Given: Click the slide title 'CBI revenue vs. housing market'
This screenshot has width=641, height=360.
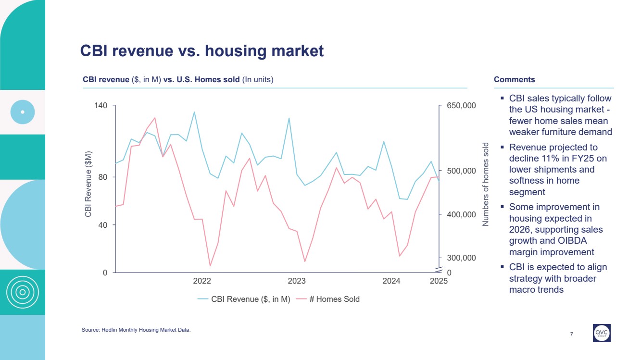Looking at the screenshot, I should tap(202, 51).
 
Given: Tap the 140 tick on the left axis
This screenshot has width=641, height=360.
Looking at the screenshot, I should tap(101, 106).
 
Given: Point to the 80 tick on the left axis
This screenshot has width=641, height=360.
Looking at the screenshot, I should tap(103, 177).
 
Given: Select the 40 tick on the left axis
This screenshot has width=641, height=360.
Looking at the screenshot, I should tap(103, 225).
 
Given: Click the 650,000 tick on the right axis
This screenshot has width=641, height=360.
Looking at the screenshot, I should tap(461, 106).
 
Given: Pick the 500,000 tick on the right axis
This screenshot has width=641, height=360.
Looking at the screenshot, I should tap(461, 171).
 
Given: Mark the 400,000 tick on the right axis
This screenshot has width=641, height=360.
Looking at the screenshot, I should tap(461, 214).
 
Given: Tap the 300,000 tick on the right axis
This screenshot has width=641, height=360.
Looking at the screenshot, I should tap(461, 258).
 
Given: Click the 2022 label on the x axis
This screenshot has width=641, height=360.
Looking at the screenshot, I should tap(202, 281).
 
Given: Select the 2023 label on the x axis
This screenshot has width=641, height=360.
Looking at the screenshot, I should tap(297, 281).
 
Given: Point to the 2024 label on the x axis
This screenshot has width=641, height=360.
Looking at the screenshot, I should tap(391, 281).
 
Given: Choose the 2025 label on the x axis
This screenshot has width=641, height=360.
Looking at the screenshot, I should tap(439, 281).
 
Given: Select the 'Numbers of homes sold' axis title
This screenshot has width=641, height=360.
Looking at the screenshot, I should tap(486, 184).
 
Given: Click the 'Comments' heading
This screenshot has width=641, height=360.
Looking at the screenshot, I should tap(514, 80).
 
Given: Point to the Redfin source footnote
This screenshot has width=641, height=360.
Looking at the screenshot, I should tap(136, 330).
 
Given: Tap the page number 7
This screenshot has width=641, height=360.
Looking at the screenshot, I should tap(571, 334).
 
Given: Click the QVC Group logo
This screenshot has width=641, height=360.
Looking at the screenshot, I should tap(602, 333).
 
